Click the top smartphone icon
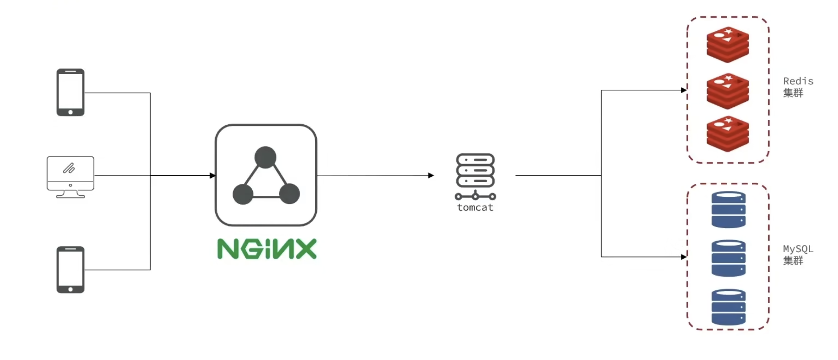70,92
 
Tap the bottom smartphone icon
70,269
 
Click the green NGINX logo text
267,249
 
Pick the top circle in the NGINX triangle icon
265,157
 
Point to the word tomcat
475,208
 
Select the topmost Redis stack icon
728,45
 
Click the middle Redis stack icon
728,91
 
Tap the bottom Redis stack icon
728,134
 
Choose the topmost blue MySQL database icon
728,210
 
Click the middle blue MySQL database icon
728,258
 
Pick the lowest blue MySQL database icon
728,307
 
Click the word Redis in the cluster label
798,81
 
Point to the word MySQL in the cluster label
798,249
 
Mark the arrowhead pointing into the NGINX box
213,176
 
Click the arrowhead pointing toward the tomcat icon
431,176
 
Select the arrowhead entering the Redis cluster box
684,90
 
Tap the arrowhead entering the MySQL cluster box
684,257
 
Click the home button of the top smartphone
70,112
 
